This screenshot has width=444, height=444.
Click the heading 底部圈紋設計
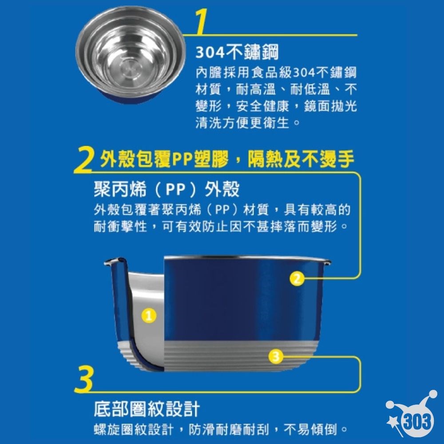coord(147,408)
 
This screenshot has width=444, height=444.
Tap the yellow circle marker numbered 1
coord(149,316)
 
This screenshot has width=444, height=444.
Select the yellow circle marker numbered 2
coord(297,278)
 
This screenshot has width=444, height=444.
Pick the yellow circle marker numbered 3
coord(276,355)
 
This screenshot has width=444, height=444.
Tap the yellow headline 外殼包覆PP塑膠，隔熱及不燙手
coord(227,159)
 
